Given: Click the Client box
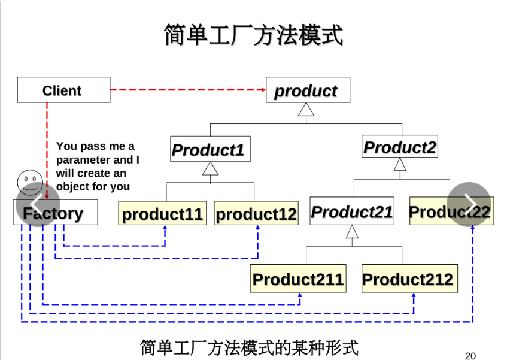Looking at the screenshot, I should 63,90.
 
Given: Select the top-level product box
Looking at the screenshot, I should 308,90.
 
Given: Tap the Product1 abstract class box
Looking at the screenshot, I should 210,149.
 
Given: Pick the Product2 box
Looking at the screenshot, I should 399,147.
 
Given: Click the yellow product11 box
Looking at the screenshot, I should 162,214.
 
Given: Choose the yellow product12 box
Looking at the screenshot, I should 256,214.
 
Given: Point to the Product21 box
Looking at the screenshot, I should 352,211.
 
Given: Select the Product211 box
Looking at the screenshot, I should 297,279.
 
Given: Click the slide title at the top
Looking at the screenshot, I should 253,35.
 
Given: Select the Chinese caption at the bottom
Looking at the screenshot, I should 249,347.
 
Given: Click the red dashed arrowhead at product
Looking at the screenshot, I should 263,90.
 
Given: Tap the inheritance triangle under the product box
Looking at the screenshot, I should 306,110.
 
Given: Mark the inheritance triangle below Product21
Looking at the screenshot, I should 352,232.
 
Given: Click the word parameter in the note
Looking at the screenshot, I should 83,160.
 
